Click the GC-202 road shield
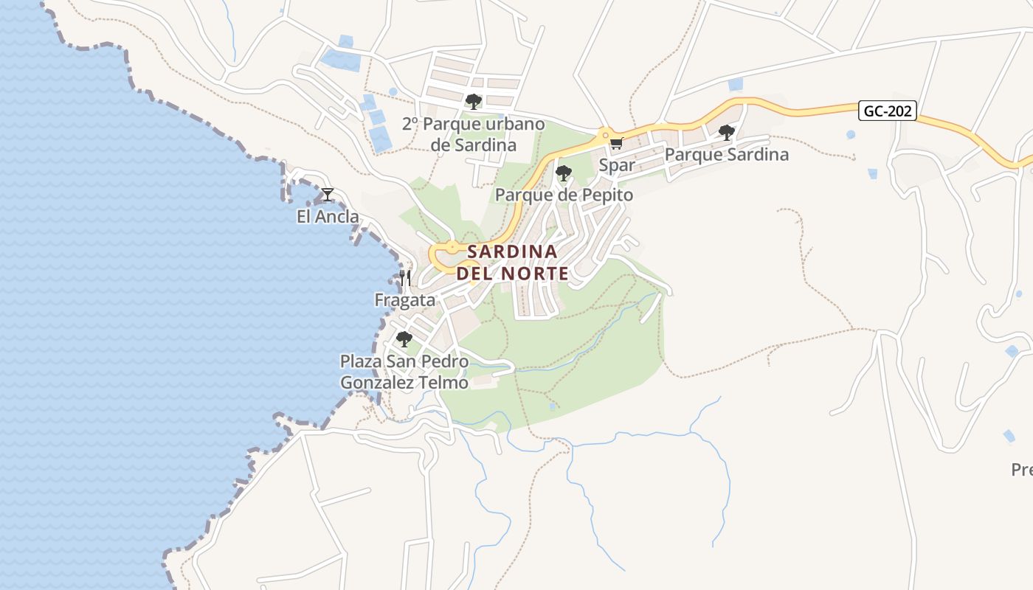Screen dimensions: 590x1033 [888, 111]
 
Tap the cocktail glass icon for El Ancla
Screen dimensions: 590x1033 [328, 195]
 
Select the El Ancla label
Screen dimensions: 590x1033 [328, 217]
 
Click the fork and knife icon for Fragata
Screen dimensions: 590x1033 [404, 278]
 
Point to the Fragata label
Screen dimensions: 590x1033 [404, 300]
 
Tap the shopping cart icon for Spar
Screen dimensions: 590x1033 [616, 143]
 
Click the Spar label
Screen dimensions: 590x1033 [616, 165]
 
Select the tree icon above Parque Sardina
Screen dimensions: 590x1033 [727, 133]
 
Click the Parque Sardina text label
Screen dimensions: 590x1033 [727, 155]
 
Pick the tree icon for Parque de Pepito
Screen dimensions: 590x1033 [564, 173]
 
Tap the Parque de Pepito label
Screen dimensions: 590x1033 [564, 195]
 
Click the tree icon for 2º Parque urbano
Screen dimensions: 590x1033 [474, 101]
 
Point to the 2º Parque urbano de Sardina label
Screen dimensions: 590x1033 [474, 134]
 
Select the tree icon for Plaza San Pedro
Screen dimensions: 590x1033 [404, 339]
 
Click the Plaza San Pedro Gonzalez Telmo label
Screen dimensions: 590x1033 [404, 372]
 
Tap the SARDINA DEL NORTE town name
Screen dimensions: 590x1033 [513, 263]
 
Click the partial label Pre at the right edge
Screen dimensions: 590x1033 [1021, 470]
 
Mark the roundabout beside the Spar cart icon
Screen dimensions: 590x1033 [604, 135]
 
